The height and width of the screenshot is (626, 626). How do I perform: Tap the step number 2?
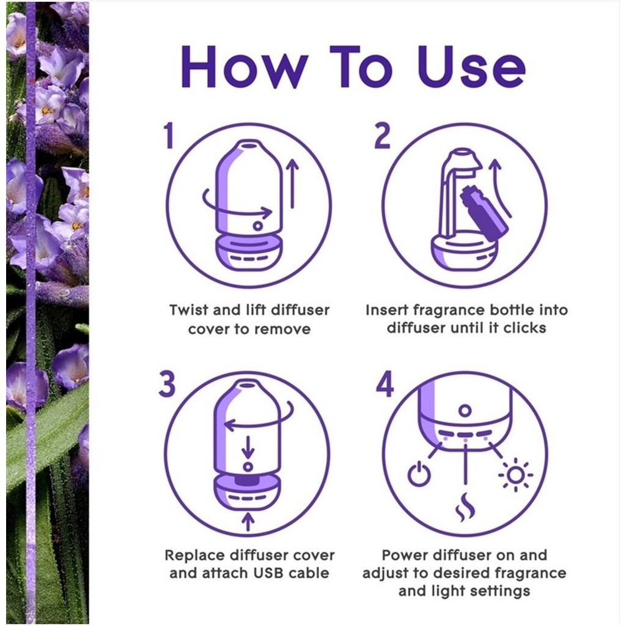382,135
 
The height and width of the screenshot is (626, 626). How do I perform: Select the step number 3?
168,383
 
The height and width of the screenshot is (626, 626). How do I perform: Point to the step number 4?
385,383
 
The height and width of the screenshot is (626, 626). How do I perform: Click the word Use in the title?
471,67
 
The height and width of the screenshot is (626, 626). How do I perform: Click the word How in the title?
245,67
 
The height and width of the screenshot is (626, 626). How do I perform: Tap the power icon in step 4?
419,474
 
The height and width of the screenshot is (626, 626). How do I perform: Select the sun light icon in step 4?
515,474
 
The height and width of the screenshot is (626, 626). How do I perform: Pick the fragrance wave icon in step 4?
465,507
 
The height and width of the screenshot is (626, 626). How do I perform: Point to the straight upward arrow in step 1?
293,183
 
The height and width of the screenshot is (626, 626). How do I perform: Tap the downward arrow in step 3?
248,447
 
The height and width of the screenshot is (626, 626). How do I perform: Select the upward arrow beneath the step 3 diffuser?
248,521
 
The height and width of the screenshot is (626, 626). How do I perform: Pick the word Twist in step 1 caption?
189,310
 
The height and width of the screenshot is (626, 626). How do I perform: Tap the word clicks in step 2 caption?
525,328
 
